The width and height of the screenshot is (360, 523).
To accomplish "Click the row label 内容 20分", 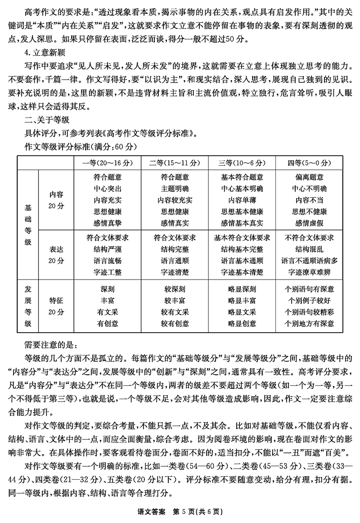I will (x=57, y=200).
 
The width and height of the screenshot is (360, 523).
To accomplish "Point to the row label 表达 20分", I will (x=57, y=254).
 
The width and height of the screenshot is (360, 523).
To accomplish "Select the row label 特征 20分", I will (x=57, y=306).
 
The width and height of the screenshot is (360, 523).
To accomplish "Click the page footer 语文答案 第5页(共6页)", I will (x=180, y=512).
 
